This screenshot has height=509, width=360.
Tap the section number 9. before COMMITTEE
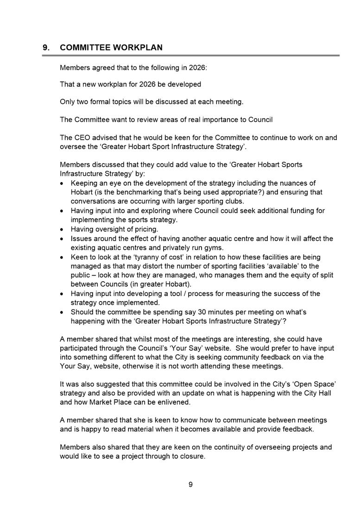click(46, 48)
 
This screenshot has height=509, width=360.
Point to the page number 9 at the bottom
click(190, 484)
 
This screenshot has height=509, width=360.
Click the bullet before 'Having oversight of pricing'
click(63, 229)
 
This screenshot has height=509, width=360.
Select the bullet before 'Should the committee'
click(63, 312)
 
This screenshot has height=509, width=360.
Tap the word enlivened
click(171, 402)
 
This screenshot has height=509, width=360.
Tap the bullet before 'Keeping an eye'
click(63, 183)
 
